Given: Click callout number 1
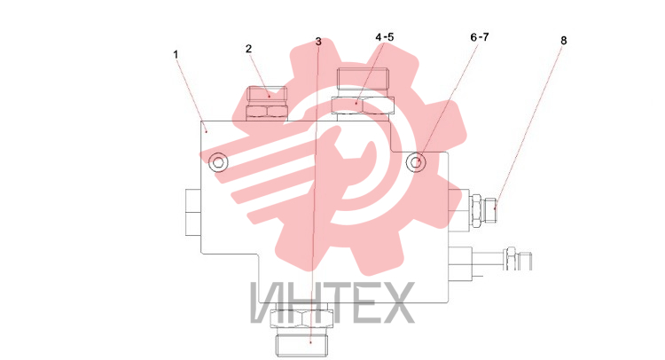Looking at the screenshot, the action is point(176,55).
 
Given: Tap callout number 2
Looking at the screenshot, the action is point(248,49).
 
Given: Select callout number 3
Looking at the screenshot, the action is point(318,42).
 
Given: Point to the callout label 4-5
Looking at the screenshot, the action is point(385,37).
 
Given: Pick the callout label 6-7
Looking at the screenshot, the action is point(480,37).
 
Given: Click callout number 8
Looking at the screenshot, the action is point(564,41).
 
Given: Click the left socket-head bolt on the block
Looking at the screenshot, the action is point(218,162).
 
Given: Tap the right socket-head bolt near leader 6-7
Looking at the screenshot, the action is point(416,162).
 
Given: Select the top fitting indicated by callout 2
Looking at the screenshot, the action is point(267,104).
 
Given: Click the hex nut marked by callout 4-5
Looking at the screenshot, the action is point(363,106).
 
